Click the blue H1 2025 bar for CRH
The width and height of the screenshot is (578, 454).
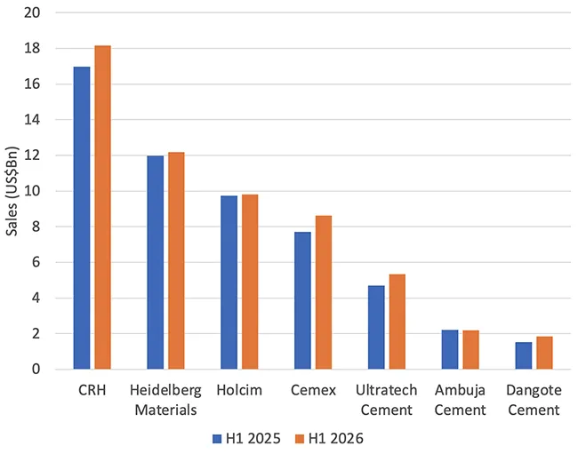click(82, 218)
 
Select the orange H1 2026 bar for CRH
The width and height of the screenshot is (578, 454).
click(102, 207)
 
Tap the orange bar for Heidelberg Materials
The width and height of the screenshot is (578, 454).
click(176, 260)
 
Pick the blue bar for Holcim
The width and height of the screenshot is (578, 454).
click(229, 283)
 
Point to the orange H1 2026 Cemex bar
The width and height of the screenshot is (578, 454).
click(324, 292)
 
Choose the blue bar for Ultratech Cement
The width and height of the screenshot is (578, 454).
click(376, 327)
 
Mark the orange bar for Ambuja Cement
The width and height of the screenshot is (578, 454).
click(470, 350)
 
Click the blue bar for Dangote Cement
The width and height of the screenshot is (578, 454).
click(524, 355)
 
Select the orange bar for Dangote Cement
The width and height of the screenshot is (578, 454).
click(544, 353)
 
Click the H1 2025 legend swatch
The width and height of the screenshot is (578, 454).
click(217, 439)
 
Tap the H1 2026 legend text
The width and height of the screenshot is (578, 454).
click(336, 439)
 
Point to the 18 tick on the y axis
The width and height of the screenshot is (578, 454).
click(32, 48)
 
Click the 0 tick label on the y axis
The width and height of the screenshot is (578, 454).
click(36, 369)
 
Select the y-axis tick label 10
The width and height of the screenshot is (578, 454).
click(32, 191)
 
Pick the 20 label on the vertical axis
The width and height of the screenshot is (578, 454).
click(32, 12)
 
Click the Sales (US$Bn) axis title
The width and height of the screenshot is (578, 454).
click(12, 191)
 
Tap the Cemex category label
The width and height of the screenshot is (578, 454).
click(313, 390)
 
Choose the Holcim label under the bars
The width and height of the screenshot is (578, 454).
click(239, 390)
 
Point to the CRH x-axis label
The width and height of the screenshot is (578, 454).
click(92, 390)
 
